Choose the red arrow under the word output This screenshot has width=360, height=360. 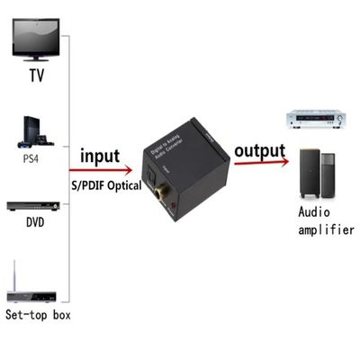(x=261, y=163)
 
